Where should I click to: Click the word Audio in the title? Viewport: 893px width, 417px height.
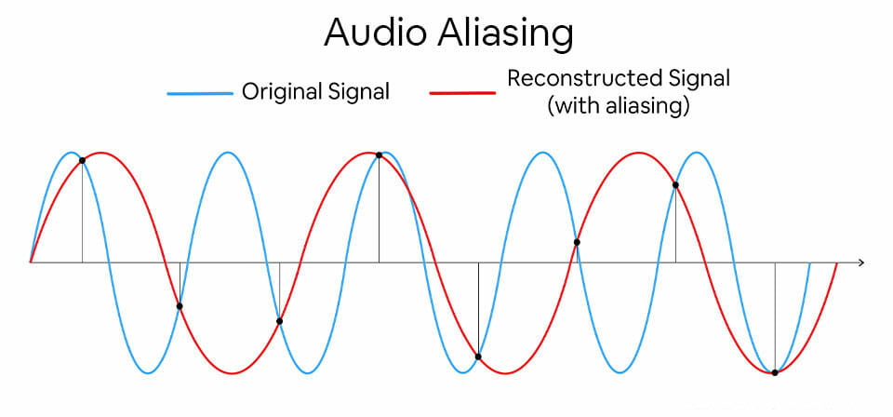371,34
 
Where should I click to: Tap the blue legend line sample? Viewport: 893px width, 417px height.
199,93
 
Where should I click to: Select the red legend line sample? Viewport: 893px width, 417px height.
461,93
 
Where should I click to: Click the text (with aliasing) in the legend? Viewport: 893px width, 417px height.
619,106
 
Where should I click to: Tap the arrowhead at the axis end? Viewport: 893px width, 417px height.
861,262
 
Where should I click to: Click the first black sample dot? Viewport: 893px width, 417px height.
82,161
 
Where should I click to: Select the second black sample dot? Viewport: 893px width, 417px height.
180,306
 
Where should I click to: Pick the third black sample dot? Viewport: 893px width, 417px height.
279,321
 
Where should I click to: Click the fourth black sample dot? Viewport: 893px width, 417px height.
379,155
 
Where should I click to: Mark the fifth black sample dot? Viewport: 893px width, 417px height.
478,356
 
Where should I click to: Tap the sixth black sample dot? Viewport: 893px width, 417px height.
577,242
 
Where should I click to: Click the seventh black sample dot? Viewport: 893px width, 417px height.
675,185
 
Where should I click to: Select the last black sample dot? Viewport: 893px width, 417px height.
775,372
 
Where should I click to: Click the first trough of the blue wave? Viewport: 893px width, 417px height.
149,373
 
